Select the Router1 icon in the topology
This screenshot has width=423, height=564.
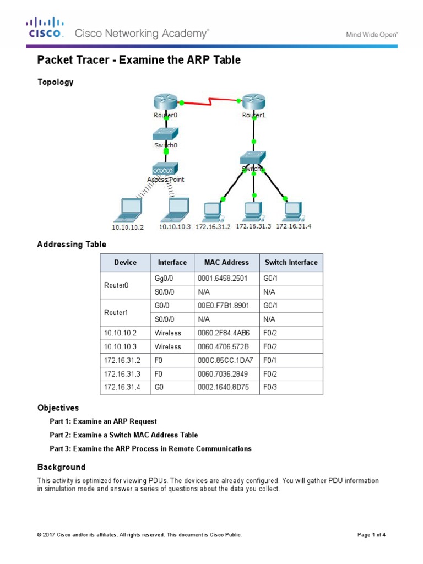coord(253,102)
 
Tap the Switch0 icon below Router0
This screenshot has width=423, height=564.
coord(165,134)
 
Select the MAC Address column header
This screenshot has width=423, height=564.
coord(226,263)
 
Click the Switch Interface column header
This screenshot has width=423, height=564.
coord(291,263)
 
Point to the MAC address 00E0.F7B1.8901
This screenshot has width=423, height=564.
coord(220,306)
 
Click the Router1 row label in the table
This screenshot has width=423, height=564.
coord(116,312)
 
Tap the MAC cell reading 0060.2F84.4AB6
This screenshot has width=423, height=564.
coord(220,333)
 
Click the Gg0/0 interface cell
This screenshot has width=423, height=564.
coord(164,279)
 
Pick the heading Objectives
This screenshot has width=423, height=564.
coord(58,408)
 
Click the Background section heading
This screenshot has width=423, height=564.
coord(61,467)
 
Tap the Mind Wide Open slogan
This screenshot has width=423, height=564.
coord(372,34)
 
